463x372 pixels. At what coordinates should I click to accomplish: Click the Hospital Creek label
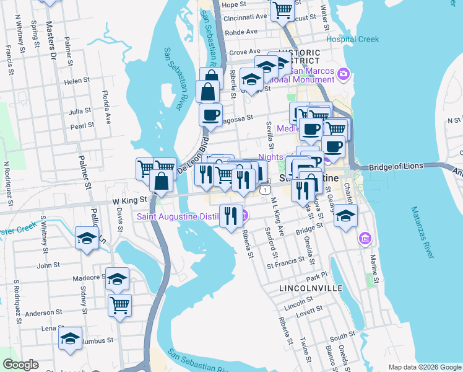coord(352,39)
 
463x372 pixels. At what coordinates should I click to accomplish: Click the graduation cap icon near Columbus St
coord(71,339)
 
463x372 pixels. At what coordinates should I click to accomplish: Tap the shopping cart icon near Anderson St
coord(119,304)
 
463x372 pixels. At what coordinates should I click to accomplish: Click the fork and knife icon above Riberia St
coord(231,216)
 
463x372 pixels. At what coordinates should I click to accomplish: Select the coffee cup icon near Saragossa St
coord(211,114)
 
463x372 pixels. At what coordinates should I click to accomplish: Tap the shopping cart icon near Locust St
coord(282,10)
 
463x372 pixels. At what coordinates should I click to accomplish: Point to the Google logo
coord(20,365)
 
